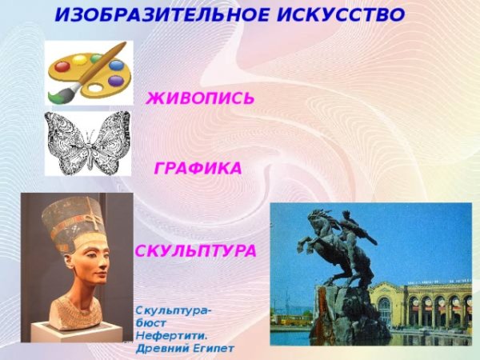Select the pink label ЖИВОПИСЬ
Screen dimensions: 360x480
tap(200, 98)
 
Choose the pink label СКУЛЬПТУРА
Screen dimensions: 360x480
tap(196, 251)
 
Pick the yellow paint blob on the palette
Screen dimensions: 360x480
tap(80, 56)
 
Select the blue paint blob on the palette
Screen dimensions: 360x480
tap(116, 64)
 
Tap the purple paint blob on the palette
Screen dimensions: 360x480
tap(115, 81)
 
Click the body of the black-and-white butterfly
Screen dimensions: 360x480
tap(87, 144)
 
